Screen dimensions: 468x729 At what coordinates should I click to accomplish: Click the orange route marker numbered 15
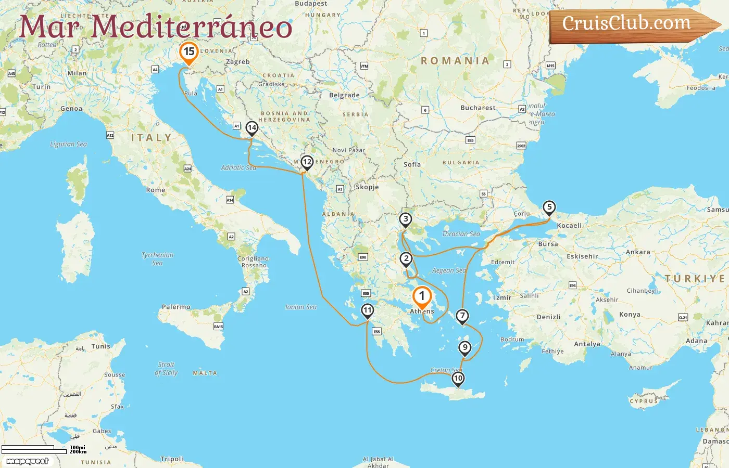pos(189,52)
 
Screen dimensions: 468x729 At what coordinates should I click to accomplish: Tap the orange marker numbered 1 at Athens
pos(422,296)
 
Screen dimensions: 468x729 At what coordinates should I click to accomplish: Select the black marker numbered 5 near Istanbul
pos(549,207)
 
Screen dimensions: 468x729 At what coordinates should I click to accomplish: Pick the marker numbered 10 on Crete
pos(458,379)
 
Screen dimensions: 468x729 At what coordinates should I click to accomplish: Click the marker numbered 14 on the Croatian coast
pos(252,128)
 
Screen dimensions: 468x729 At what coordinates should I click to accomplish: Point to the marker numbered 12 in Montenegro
pos(307,162)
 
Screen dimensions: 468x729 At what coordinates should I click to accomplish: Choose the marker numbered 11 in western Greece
pos(368,311)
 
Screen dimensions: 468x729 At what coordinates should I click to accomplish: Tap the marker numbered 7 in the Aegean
pos(462,316)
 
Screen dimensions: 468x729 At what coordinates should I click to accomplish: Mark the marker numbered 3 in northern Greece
pos(406,219)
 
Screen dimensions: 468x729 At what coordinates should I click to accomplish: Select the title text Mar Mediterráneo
pos(155,27)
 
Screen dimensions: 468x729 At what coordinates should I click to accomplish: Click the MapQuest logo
pos(27,461)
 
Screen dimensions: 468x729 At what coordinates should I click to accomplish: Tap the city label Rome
pos(156,190)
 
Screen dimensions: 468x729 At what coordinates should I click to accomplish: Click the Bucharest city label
pos(478,108)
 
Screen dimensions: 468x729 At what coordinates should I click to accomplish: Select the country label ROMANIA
pos(455,61)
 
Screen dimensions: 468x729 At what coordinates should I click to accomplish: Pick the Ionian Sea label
pos(300,307)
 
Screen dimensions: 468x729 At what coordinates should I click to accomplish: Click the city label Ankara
pos(638,252)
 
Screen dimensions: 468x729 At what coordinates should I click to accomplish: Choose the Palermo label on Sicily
pos(176,307)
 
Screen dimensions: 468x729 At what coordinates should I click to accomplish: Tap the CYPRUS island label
pos(644,401)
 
